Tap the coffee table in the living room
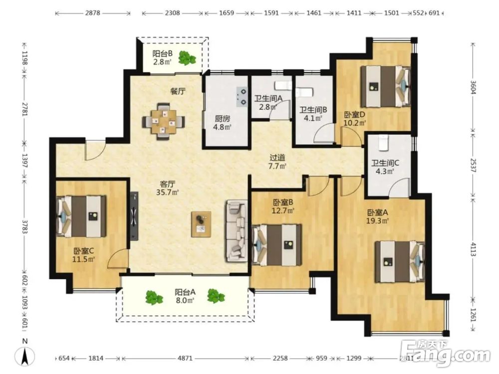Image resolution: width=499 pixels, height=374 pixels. (201, 224)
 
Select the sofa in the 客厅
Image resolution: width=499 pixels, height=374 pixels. (237, 231)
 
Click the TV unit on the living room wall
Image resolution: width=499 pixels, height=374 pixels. (134, 216)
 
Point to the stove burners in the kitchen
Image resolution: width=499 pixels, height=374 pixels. (242, 96)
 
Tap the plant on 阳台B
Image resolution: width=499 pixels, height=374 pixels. (187, 58)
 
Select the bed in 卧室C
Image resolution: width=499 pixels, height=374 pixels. (81, 216)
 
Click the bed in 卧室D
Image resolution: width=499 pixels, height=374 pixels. (385, 86)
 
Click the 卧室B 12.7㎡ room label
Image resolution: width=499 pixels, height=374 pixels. (283, 206)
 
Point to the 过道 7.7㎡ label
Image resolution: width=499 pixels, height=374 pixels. (277, 162)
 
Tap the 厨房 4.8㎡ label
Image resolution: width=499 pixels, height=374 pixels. (222, 123)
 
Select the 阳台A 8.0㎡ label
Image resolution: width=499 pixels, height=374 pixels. (185, 296)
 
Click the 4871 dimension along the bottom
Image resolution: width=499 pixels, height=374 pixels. (185, 358)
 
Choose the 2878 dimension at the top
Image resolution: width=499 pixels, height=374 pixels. (93, 13)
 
